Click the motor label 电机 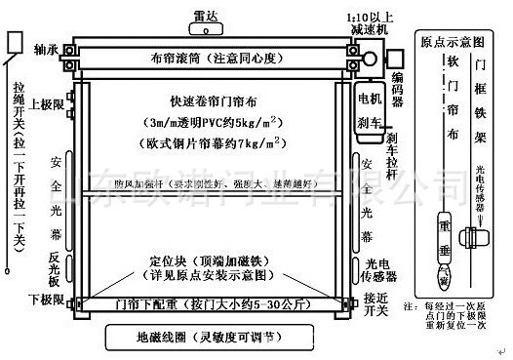tap(370, 99)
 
